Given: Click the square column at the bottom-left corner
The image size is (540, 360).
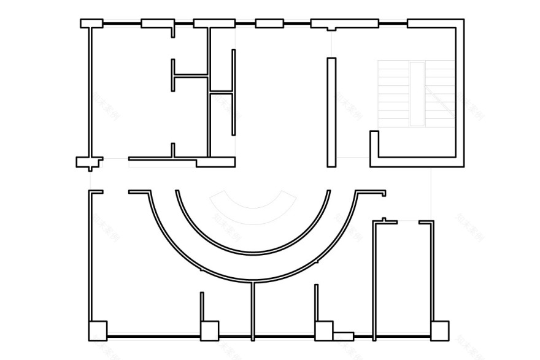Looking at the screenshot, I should point(98,331).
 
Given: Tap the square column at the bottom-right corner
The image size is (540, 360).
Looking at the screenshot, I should point(439,331).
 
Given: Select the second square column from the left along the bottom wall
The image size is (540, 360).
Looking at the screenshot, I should point(209,331).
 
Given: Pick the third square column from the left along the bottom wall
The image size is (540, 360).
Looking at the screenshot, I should point(323,331).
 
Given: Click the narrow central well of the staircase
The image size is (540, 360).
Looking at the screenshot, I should point(417,93).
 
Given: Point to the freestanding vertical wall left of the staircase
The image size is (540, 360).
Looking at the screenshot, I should point(331,112).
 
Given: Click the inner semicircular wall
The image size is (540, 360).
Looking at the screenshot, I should point(253,252).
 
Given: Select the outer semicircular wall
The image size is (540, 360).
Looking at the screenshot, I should point(253,280).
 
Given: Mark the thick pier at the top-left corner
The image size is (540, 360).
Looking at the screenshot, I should point(91,23).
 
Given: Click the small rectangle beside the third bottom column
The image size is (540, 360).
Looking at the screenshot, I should point(344,336).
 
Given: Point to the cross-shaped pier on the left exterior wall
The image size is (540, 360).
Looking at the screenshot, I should point(89,163).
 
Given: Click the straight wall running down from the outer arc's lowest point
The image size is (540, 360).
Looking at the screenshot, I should point(253,310).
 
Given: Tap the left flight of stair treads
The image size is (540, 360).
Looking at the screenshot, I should point(393,93).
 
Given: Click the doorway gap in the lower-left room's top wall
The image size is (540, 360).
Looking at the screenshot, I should point(115,192).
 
